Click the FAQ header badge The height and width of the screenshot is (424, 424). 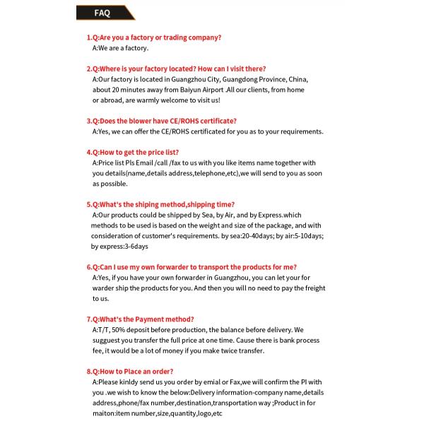(103, 13)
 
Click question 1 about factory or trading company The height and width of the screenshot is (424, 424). (154, 37)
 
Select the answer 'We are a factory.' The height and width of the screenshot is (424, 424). (121, 48)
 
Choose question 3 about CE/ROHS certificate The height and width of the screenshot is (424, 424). (162, 121)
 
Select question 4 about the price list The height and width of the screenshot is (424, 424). (133, 152)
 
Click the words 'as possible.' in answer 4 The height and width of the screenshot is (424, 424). (110, 184)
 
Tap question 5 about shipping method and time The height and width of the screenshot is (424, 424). (160, 204)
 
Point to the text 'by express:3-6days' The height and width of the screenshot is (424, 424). (119, 246)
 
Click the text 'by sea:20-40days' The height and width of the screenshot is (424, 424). (250, 235)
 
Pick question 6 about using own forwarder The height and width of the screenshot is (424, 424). (192, 267)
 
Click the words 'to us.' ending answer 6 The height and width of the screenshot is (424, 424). (100, 298)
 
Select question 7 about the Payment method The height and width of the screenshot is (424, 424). (141, 319)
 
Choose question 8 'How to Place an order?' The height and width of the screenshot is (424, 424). (130, 371)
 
